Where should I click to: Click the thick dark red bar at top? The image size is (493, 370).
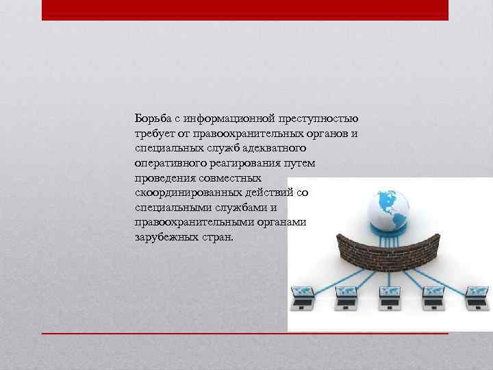[x=244, y=10]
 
